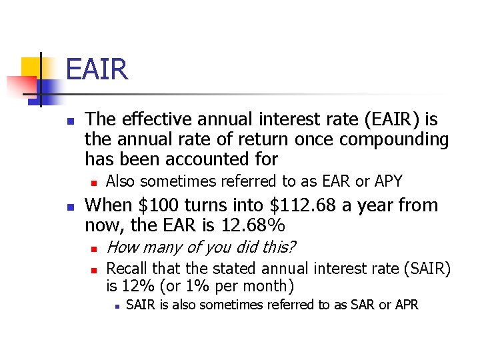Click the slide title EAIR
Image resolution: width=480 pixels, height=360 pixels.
pos(97,69)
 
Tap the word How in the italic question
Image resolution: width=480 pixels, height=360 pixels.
pos(121,247)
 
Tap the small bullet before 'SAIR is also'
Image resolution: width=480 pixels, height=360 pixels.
pos(116,307)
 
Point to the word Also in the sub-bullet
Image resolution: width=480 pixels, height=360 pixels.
pos(121,181)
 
